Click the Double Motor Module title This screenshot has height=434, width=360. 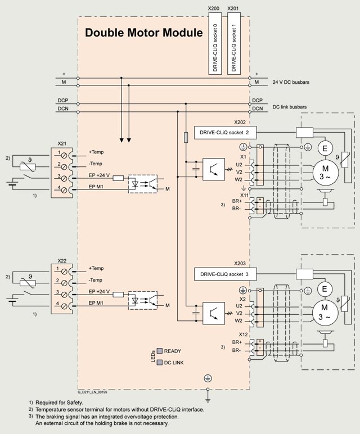pyautogui.click(x=143, y=33)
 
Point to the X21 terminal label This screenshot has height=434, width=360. pyautogui.click(x=62, y=144)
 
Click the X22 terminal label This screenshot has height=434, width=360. pyautogui.click(x=62, y=261)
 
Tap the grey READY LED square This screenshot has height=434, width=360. pyautogui.click(x=159, y=351)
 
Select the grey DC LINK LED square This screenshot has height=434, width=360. pyautogui.click(x=159, y=362)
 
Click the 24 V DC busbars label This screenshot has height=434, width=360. pyautogui.click(x=291, y=82)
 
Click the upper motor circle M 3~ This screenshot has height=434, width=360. pyautogui.click(x=324, y=170)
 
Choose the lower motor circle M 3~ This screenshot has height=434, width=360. pyautogui.click(x=324, y=311)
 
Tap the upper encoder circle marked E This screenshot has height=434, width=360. pyautogui.click(x=324, y=148)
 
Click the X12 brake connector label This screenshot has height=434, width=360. pyautogui.click(x=244, y=335)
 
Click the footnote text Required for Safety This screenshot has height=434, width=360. pyautogui.click(x=59, y=403)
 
